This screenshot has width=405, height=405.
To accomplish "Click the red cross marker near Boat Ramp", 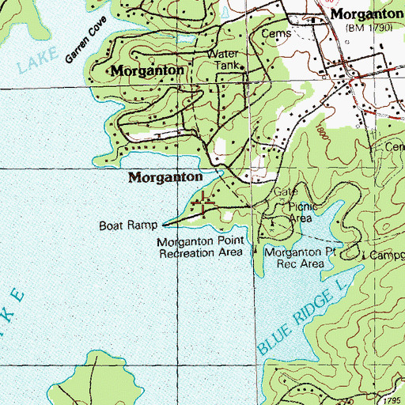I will [x=204, y=202].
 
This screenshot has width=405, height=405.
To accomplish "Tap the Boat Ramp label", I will [x=129, y=225].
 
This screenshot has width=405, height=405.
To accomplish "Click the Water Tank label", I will [x=221, y=59].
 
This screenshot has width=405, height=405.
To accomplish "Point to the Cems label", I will [x=280, y=33].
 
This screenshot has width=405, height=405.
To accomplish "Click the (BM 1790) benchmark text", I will [x=369, y=28].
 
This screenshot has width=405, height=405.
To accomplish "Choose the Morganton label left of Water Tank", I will [x=148, y=70].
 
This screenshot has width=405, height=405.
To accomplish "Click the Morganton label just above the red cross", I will [x=165, y=178].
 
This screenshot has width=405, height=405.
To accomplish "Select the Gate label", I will [x=284, y=192].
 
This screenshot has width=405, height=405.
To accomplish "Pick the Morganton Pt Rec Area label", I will [x=295, y=257].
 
